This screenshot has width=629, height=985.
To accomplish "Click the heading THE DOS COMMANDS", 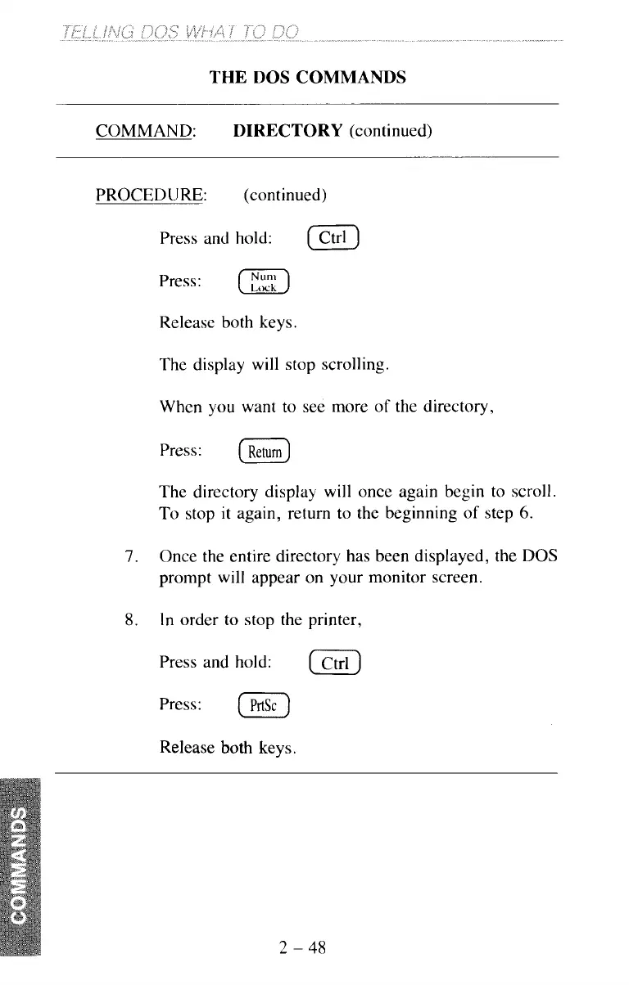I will pyautogui.click(x=308, y=78).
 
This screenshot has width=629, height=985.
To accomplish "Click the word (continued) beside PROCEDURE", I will pyautogui.click(x=286, y=196).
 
